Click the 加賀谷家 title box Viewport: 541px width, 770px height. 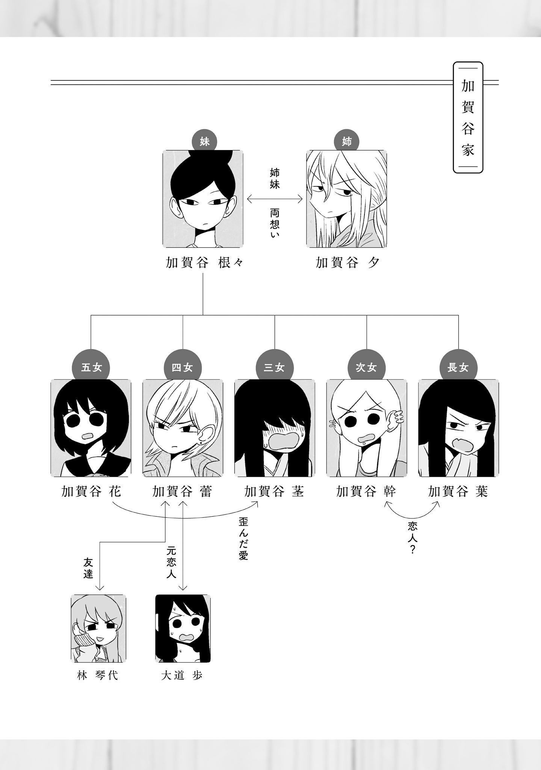coord(468,117)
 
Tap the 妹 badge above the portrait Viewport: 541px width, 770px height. coord(204,142)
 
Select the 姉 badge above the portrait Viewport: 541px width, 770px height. coord(346,142)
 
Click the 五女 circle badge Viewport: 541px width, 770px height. coord(91,367)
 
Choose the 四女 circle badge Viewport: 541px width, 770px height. coord(183,367)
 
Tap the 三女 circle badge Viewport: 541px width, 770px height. coord(274,367)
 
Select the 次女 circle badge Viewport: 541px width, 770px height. coord(366,367)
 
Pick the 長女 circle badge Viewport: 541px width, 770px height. coord(458,367)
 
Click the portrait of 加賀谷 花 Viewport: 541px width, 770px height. coord(91,428)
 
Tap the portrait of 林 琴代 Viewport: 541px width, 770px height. coord(98,634)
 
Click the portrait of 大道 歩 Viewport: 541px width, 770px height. coord(183,634)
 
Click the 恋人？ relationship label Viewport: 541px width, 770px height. coord(412,538)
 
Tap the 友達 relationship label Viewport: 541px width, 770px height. coord(88,568)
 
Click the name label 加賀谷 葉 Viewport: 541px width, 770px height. coord(458,492)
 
